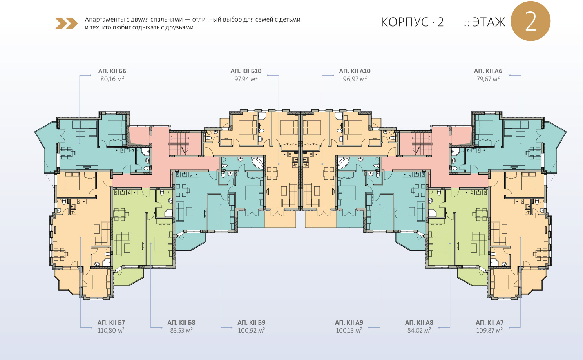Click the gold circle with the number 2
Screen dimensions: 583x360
(530, 21)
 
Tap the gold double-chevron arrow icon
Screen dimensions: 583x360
(66, 24)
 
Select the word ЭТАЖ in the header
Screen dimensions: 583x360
(489, 22)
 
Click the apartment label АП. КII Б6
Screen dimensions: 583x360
(112, 71)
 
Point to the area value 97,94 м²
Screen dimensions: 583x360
(246, 79)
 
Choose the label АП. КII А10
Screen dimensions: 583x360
(355, 71)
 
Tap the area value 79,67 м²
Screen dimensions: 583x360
(488, 79)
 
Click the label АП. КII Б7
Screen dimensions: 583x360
(111, 322)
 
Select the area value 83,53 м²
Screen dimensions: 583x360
(181, 330)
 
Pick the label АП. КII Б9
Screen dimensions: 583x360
(252, 322)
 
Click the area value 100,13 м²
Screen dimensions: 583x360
(349, 330)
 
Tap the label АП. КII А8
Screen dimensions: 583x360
(419, 322)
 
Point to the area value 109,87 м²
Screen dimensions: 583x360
(490, 330)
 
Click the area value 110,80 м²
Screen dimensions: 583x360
(111, 330)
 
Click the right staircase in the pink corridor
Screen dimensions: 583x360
(422, 143)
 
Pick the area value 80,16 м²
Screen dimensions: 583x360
(112, 79)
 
